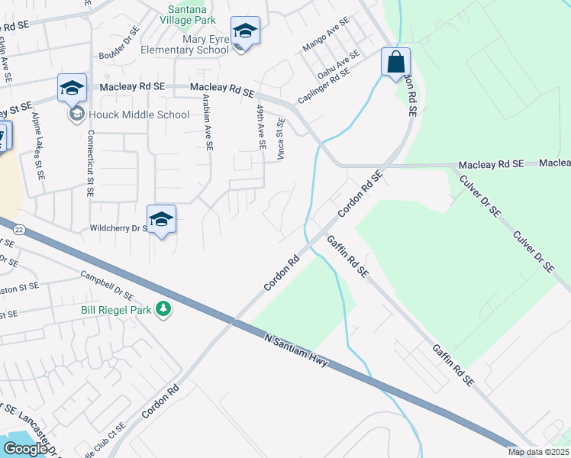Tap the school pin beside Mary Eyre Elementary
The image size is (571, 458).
coord(245,31)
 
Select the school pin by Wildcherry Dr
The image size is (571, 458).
coord(161,220)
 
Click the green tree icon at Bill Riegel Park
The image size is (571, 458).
coord(163,308)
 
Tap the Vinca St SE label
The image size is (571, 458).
coord(280,138)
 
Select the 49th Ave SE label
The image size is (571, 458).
coord(261,127)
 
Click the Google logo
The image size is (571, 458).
coord(25,448)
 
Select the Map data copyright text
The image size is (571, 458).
coord(538,452)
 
